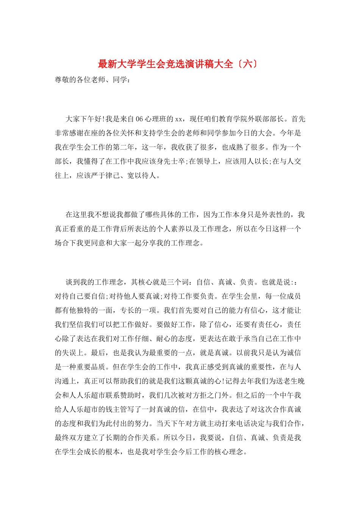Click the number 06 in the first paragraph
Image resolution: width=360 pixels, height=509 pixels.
click(x=139, y=119)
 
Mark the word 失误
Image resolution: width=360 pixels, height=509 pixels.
click(x=69, y=353)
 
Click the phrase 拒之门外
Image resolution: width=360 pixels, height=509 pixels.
click(x=214, y=395)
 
